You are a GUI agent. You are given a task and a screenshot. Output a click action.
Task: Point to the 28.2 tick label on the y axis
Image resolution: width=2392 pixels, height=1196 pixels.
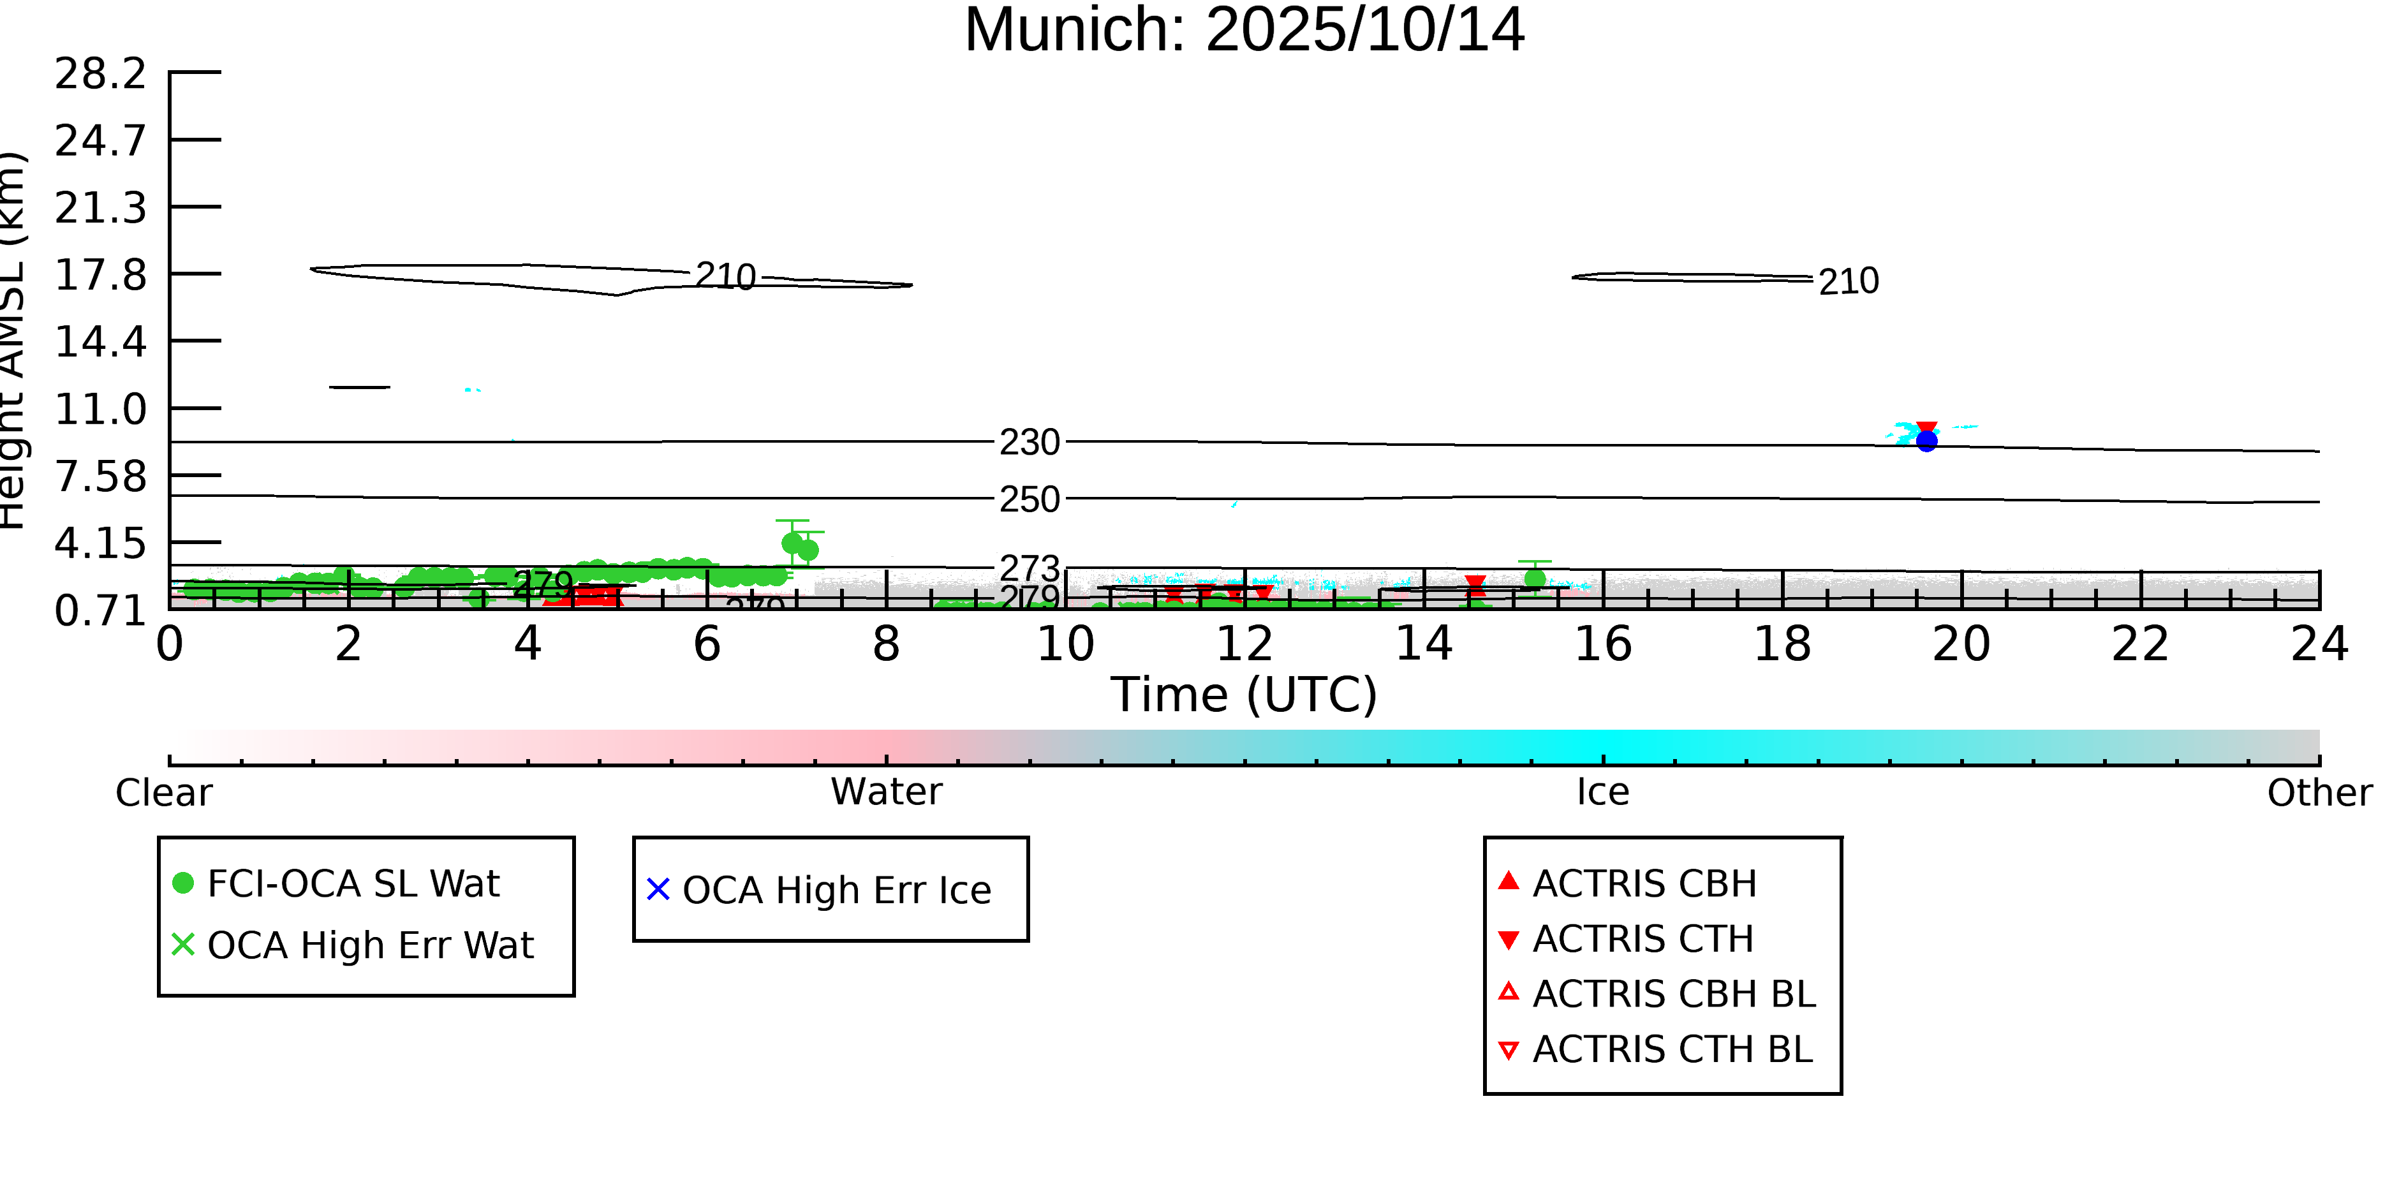pos(100,74)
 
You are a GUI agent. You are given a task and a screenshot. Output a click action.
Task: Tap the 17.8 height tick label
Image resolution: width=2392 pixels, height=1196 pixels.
pos(100,276)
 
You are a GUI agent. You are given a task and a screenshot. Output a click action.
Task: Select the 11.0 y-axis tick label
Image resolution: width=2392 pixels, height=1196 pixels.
pos(100,410)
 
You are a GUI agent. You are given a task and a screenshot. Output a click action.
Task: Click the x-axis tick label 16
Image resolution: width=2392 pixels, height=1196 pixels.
pos(1603,644)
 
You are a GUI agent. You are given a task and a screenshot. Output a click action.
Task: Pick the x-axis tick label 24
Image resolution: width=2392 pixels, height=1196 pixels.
pos(2319,644)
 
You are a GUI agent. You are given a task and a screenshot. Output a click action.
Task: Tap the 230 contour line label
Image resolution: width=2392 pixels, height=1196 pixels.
pos(1029,443)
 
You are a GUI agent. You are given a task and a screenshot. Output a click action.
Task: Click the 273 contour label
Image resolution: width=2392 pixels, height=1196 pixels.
pos(1029,567)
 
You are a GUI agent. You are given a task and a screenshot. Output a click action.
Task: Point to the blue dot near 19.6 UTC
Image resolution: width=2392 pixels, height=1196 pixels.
pos(1927,441)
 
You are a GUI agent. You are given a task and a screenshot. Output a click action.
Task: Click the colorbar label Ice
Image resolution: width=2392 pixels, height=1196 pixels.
pos(1603,792)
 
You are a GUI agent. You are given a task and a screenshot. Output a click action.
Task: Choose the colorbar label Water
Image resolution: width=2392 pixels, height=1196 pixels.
pos(886,792)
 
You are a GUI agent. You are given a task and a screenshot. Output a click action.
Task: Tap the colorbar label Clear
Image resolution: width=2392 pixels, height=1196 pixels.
pos(163,793)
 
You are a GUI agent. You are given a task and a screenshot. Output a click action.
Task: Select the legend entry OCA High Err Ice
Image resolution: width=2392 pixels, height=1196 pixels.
pos(836,890)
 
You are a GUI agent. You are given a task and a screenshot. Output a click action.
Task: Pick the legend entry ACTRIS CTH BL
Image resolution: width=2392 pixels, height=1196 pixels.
pos(1671,1050)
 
